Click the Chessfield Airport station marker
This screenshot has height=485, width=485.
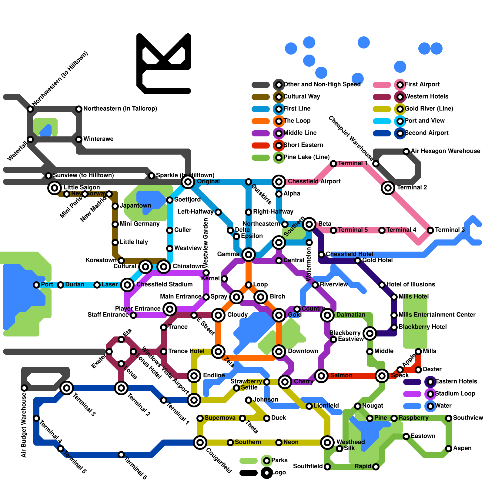click(x=279, y=182)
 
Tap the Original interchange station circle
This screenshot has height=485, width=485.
click(x=188, y=182)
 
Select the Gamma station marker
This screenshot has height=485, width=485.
click(x=249, y=254)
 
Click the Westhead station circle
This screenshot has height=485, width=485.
click(x=327, y=442)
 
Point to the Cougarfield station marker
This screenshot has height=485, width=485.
click(x=200, y=442)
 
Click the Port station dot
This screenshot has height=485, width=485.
click(x=36, y=285)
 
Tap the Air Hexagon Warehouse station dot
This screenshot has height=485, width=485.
click(x=406, y=151)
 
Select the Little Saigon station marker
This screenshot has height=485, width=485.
click(x=55, y=188)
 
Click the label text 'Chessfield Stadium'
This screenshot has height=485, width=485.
click(x=164, y=284)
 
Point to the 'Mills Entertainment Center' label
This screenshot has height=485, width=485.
click(x=437, y=315)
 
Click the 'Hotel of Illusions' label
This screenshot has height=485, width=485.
click(x=411, y=284)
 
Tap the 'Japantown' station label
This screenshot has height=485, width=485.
click(x=135, y=206)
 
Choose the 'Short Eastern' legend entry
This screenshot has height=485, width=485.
click(x=303, y=145)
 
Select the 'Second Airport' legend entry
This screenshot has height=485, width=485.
click(x=426, y=133)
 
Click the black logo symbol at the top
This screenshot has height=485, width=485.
click(x=164, y=64)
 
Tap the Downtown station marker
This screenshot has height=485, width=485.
click(x=279, y=351)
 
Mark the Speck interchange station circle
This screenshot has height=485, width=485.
click(x=382, y=376)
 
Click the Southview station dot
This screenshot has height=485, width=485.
click(x=449, y=418)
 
